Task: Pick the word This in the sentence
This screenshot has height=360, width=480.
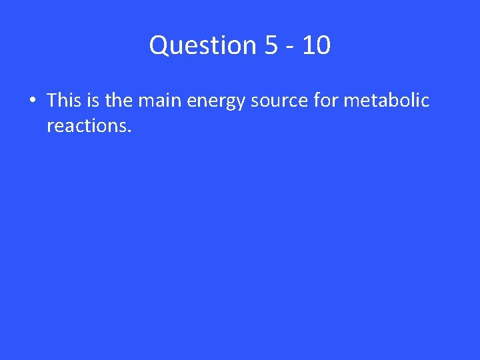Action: [64, 101]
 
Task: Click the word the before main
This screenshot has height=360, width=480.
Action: [119, 101]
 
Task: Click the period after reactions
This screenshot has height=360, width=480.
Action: [129, 130]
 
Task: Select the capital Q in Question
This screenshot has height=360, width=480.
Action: [159, 45]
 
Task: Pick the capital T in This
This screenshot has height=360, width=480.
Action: [51, 101]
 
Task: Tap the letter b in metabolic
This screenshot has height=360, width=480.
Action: [400, 101]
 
